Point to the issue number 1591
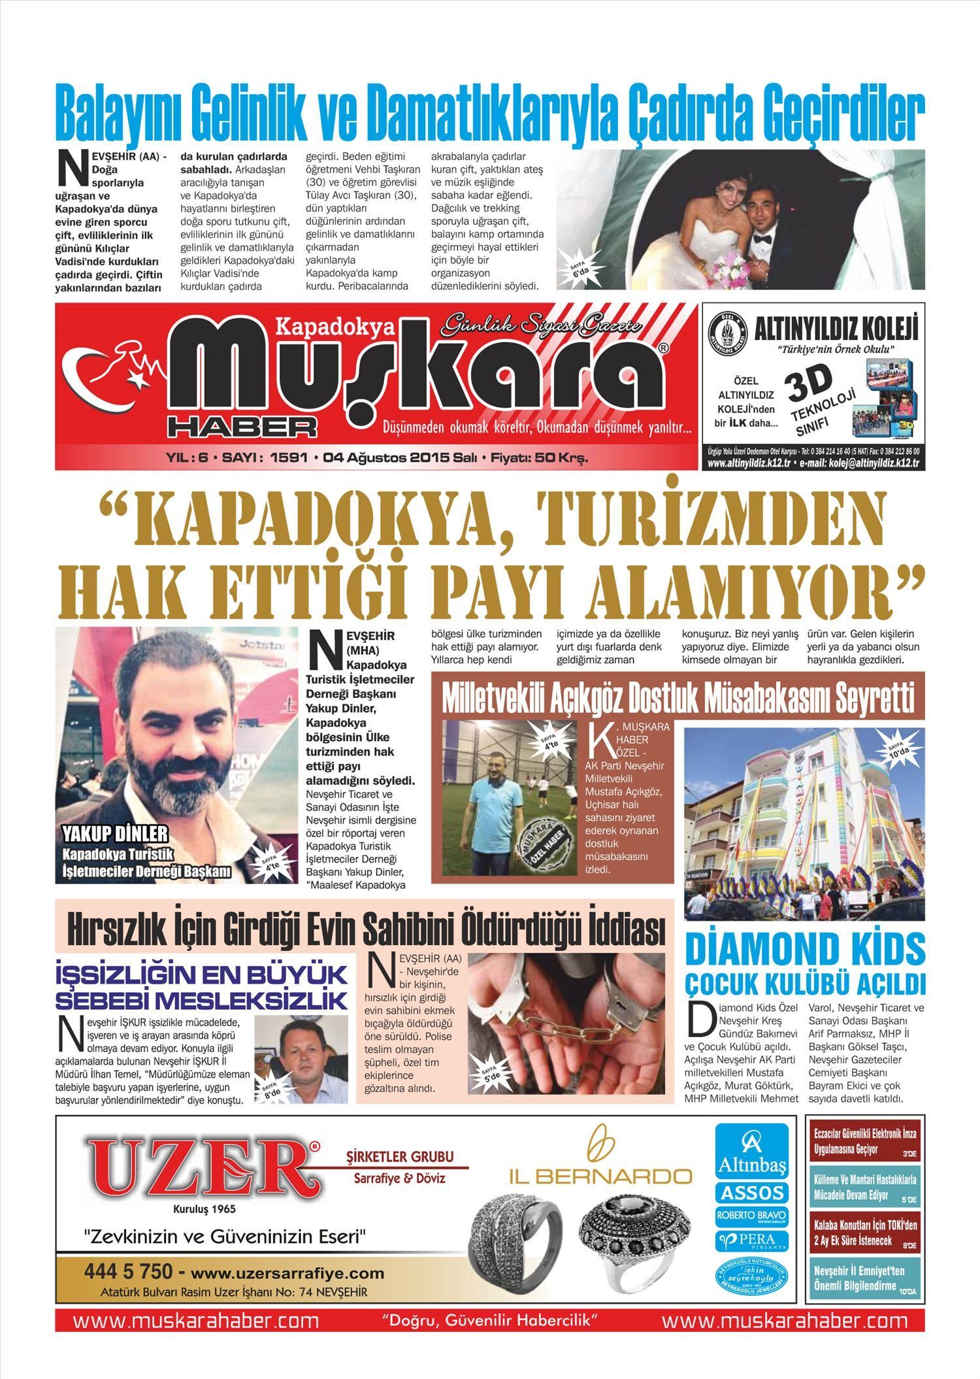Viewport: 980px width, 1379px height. [x=288, y=458]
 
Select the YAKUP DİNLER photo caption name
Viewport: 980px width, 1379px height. [x=115, y=833]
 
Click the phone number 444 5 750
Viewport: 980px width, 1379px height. [x=128, y=1272]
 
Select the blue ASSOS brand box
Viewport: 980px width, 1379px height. [x=751, y=1193]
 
